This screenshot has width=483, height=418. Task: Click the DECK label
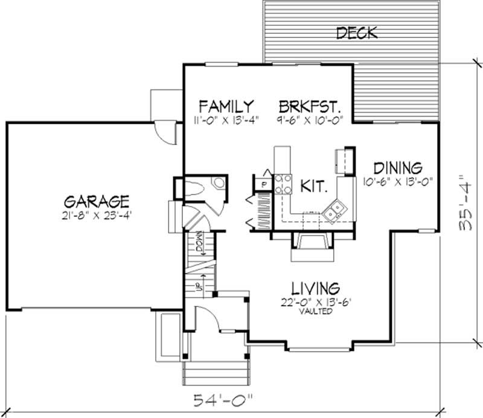356,32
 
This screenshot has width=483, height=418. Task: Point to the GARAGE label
97,200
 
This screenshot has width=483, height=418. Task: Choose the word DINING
397,167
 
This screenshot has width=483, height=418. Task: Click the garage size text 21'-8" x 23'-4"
97,214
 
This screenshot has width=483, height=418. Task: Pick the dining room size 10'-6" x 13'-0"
397,181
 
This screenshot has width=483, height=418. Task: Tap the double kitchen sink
333,211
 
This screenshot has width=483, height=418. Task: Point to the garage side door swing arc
165,130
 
